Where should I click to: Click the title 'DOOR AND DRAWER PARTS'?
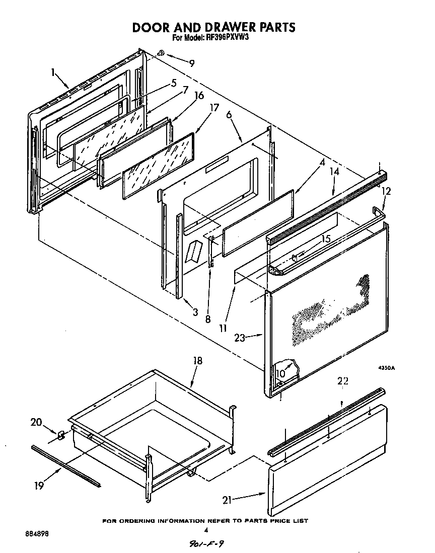pos(213,27)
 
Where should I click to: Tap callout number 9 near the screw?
pos(191,63)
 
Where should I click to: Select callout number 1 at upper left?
pos(53,72)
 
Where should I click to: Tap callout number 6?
pos(229,115)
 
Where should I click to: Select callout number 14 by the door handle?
pos(334,172)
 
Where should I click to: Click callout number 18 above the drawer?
pos(197,361)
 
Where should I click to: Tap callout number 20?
pos(37,423)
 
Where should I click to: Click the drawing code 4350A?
pos(387,368)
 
